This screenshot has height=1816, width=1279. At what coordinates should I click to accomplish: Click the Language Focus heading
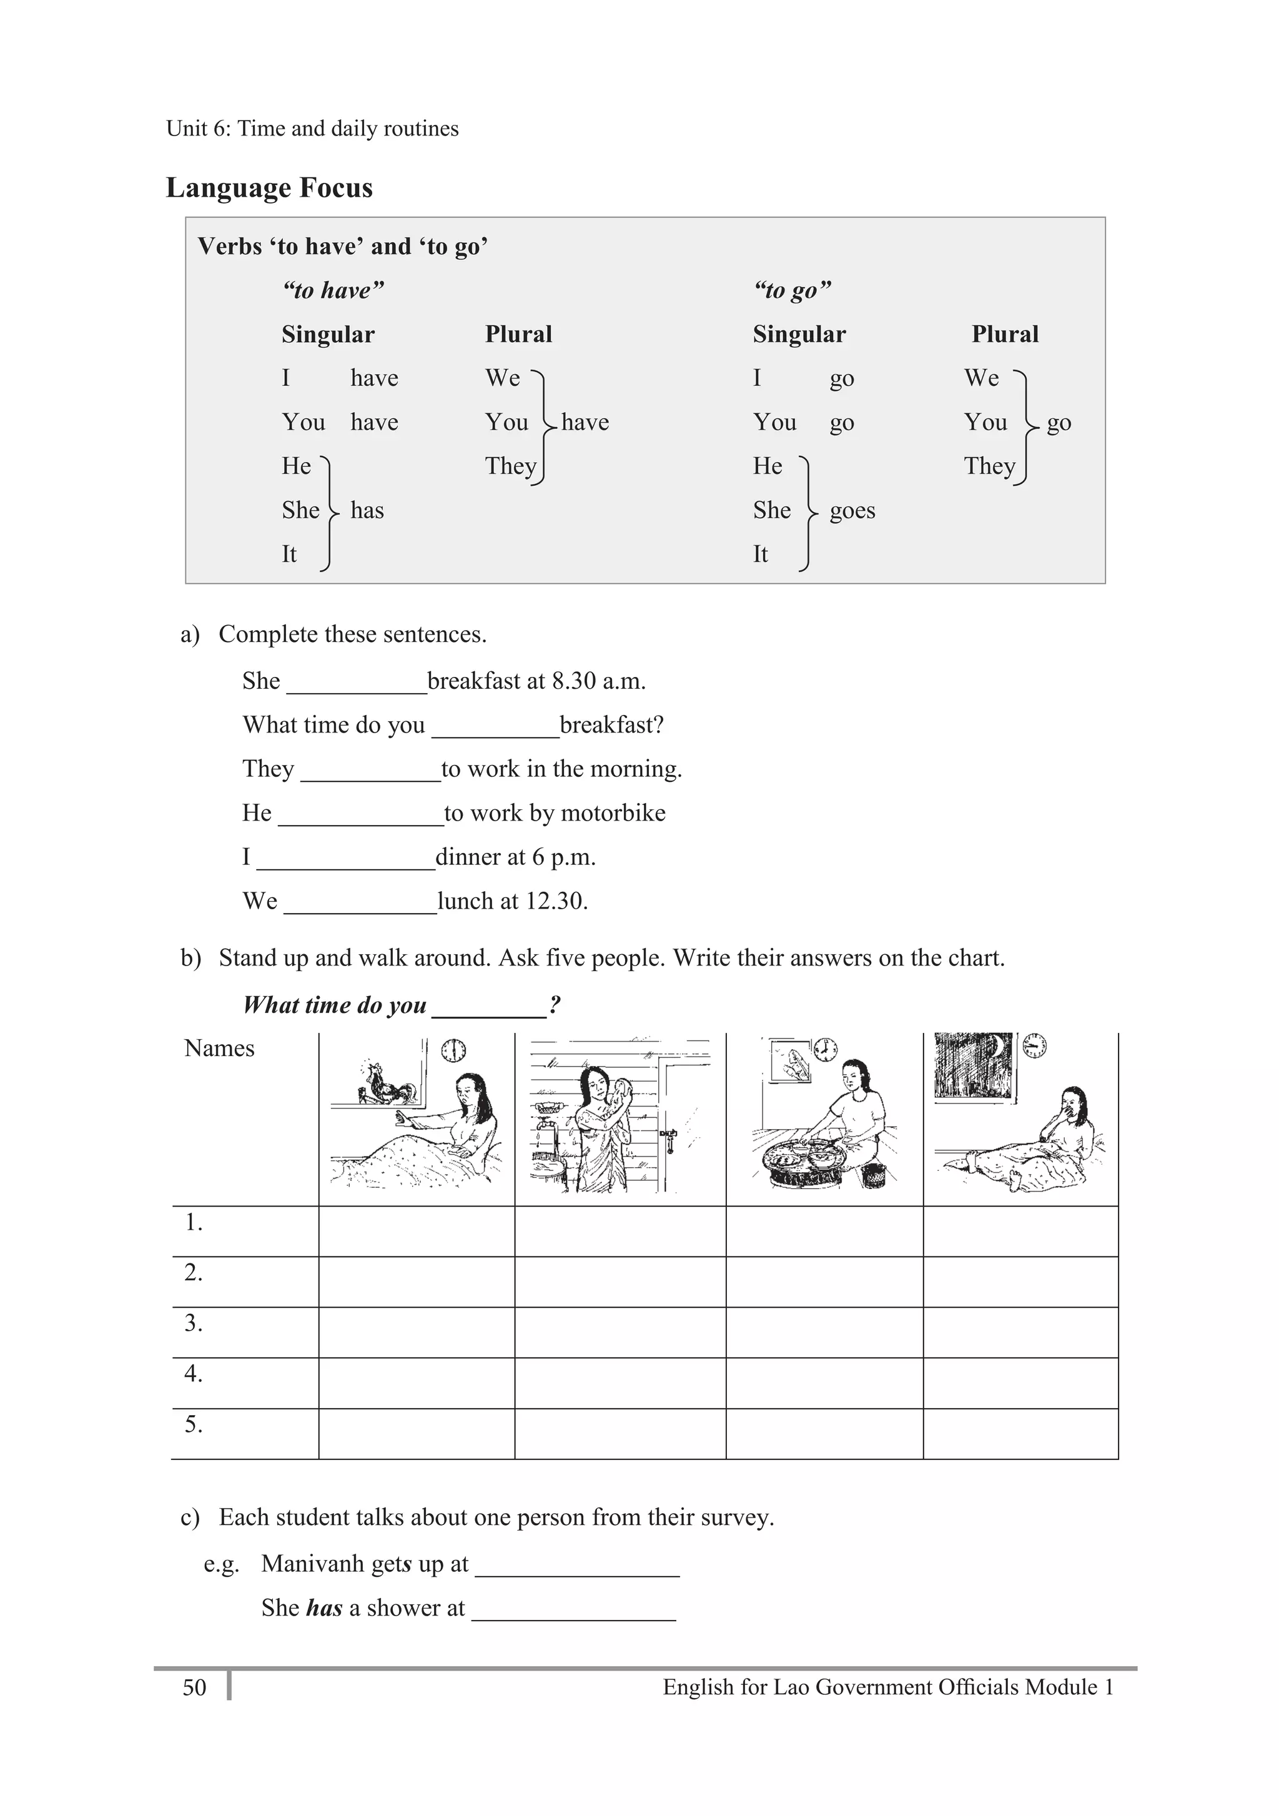(269, 188)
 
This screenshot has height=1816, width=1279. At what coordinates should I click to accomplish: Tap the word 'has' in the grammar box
(367, 511)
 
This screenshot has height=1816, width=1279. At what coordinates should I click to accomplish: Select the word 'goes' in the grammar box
(852, 511)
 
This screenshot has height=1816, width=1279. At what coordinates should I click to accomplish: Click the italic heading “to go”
(792, 291)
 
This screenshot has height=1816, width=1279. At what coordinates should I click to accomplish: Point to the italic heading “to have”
(333, 291)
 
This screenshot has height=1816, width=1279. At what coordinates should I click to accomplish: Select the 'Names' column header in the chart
(219, 1049)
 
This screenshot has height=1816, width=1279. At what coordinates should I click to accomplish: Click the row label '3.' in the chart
(194, 1323)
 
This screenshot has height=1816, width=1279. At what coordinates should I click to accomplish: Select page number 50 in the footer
(195, 1688)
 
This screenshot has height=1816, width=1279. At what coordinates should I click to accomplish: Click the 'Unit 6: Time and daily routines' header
(312, 129)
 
